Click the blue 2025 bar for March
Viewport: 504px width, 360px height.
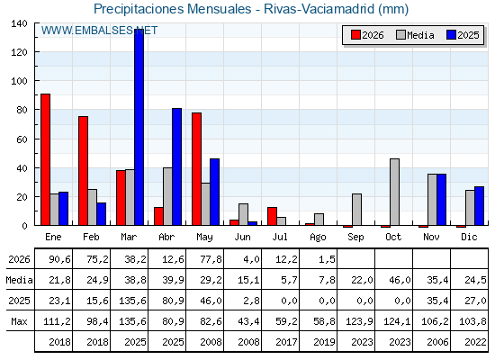click(139, 127)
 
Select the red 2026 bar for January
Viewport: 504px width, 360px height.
click(45, 159)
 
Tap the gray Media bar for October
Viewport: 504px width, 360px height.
click(395, 192)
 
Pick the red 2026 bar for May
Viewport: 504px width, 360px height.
click(197, 169)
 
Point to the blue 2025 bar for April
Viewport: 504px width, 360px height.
click(176, 166)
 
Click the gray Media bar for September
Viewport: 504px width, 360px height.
click(356, 210)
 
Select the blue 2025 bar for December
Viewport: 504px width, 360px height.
click(479, 206)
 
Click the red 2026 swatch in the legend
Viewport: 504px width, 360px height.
click(355, 35)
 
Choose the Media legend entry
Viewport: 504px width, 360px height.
click(415, 35)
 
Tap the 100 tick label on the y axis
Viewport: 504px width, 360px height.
click(19, 81)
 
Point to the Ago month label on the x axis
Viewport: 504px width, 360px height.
click(318, 238)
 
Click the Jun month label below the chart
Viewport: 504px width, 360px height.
click(242, 238)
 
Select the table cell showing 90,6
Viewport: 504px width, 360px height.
click(59, 259)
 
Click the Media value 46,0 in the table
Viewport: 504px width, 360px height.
click(400, 280)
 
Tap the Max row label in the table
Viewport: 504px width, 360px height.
click(19, 321)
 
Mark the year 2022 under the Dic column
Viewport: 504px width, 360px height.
click(475, 342)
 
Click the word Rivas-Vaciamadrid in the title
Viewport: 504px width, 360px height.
click(319, 9)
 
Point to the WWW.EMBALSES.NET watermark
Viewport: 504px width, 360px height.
click(99, 31)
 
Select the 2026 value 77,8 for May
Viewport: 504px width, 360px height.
click(211, 259)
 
